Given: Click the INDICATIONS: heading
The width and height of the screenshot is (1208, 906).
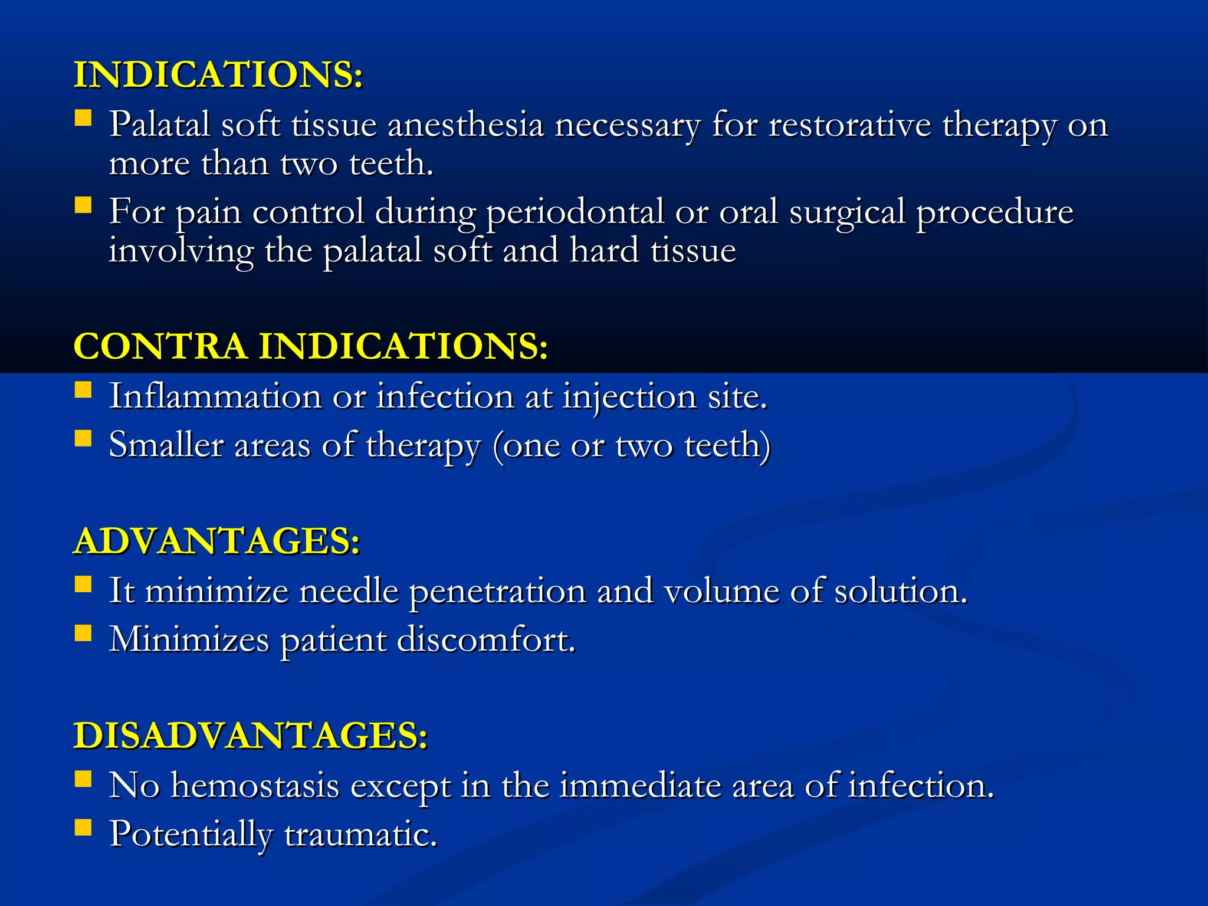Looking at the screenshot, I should point(218,75).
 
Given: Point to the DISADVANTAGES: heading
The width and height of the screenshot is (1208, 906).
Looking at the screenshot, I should point(250,736).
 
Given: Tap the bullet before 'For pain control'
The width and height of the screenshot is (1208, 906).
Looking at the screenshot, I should point(83,205).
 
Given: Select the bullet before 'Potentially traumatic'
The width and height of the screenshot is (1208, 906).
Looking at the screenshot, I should point(83,828).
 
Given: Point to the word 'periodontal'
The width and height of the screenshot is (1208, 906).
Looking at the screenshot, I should point(575,212).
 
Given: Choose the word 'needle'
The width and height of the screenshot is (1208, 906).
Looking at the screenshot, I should point(349,591).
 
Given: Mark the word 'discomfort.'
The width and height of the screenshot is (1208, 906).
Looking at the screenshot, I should point(486,639).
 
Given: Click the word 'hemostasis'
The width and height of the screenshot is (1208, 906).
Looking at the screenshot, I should point(255,786).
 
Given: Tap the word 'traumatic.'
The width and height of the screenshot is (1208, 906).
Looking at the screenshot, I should point(360,835).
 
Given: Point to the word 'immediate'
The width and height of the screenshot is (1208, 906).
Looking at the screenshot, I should point(641,786).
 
